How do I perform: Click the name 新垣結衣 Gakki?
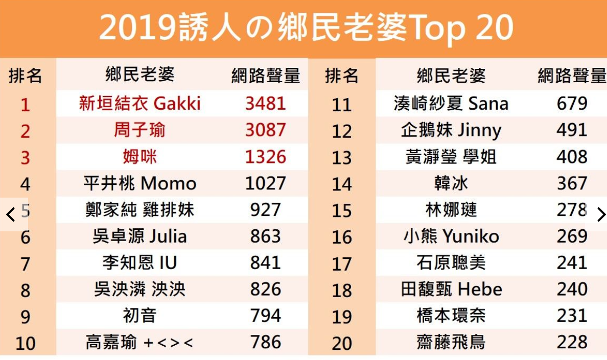click(x=139, y=104)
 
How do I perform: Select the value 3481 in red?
click(x=265, y=104)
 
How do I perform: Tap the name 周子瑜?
click(x=139, y=130)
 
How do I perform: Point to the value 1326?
click(x=265, y=157)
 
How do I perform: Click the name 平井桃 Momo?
click(x=139, y=183)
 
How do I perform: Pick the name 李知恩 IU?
click(x=139, y=263)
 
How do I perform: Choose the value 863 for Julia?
click(x=265, y=236)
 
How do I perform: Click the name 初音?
click(x=139, y=316)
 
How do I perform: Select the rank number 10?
click(x=25, y=343)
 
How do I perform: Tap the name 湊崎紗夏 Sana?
click(x=451, y=104)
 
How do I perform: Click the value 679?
click(x=572, y=104)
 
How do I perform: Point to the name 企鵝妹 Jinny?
click(x=451, y=130)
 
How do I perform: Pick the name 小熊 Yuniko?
click(x=451, y=236)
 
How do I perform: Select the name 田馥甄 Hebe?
click(x=451, y=290)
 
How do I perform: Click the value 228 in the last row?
click(x=572, y=342)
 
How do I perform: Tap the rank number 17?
click(x=342, y=263)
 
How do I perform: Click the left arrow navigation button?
click(x=11, y=214)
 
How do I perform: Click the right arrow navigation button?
click(x=601, y=214)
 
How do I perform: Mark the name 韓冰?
click(x=451, y=183)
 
